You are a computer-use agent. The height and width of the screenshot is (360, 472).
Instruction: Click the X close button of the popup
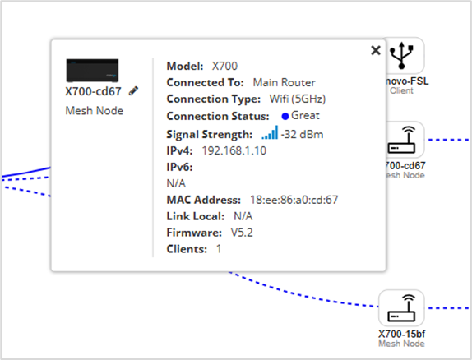(x=376, y=50)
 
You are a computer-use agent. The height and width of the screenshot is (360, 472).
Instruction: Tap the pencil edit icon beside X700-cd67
(x=133, y=91)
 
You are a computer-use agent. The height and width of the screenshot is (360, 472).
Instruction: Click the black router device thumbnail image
(x=92, y=71)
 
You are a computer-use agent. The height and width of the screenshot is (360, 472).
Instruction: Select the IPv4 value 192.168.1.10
(x=234, y=150)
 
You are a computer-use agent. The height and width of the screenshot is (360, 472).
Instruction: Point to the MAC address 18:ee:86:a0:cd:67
(x=294, y=200)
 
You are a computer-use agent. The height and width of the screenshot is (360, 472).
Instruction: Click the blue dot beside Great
(x=285, y=116)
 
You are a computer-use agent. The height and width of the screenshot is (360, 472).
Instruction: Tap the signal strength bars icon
(x=270, y=133)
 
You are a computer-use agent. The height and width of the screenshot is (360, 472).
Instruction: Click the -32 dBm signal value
(x=302, y=134)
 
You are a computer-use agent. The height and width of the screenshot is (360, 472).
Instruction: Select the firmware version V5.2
(x=242, y=233)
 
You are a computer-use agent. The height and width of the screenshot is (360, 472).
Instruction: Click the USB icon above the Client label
(x=401, y=55)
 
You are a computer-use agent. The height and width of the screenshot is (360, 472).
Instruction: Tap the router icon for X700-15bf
(x=401, y=307)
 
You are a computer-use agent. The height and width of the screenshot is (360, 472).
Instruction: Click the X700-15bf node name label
(x=401, y=334)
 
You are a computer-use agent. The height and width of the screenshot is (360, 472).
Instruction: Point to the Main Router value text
(x=284, y=82)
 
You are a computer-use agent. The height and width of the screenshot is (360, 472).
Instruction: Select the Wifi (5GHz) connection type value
(x=298, y=99)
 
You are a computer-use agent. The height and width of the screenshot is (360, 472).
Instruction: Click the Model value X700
(x=224, y=66)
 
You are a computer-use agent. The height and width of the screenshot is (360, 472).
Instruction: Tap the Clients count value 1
(x=219, y=249)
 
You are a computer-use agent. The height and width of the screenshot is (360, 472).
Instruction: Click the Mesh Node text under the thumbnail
(x=95, y=111)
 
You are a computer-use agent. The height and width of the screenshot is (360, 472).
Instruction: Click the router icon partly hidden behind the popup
(x=404, y=140)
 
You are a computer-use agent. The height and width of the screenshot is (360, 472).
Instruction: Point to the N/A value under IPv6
(x=176, y=183)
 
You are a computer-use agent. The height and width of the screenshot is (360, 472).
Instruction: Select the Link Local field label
(x=196, y=216)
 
